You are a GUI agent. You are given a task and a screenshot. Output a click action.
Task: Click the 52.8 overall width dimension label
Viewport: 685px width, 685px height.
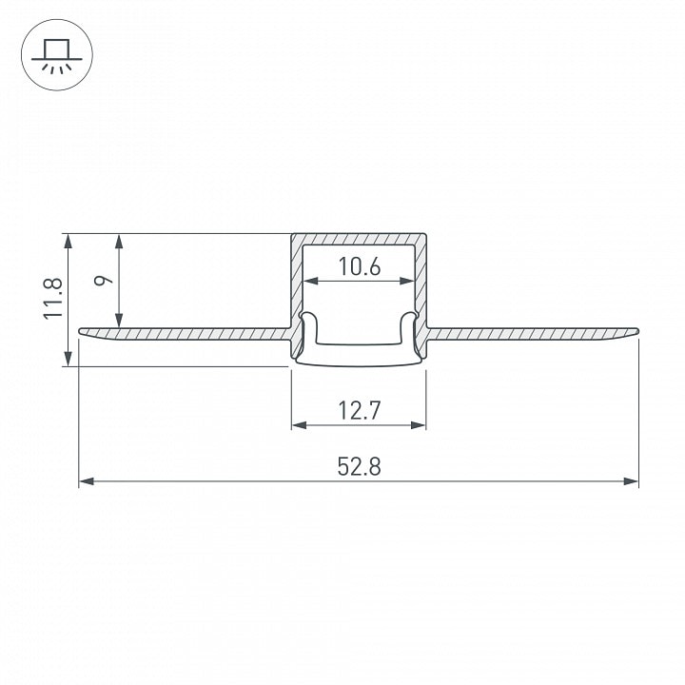pos(359,466)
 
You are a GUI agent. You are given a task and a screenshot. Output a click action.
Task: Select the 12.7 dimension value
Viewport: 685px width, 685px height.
pos(359,410)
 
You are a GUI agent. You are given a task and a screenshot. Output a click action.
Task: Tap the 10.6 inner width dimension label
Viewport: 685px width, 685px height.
pos(359,266)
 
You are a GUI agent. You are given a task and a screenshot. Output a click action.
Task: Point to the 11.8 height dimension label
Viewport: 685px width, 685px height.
pos(53,299)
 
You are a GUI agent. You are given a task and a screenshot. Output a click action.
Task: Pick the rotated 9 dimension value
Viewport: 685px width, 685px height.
pos(103,280)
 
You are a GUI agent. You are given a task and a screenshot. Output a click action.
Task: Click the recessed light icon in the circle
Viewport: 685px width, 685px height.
pos(57,55)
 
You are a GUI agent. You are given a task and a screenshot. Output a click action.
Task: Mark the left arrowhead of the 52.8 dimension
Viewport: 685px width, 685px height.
pos(86,481)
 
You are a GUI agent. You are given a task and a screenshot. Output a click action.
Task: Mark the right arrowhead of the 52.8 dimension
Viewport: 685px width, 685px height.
pos(632,481)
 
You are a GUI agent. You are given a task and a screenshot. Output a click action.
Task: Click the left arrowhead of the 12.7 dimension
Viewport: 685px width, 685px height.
pos(299,424)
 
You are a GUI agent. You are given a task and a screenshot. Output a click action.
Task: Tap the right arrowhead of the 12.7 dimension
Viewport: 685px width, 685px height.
pos(419,424)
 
